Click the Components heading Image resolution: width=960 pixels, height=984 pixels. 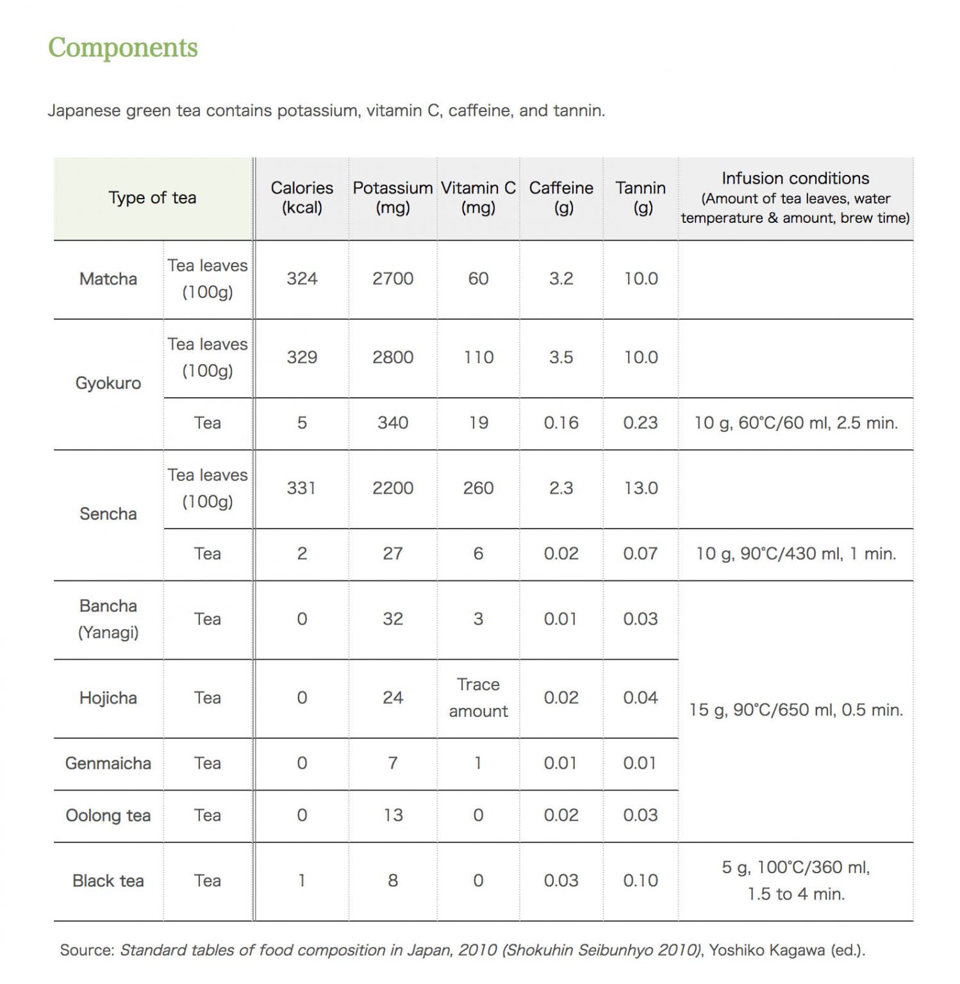click(x=123, y=48)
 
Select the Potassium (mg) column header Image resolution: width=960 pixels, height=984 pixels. click(x=392, y=197)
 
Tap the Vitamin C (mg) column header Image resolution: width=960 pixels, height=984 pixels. click(x=478, y=197)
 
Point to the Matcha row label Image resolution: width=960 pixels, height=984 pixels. click(x=108, y=279)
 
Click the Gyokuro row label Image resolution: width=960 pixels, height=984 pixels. click(x=108, y=383)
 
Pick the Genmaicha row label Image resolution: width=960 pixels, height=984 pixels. click(x=108, y=763)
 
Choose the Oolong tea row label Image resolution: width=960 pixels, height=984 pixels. click(x=108, y=816)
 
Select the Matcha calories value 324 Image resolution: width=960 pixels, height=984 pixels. click(x=301, y=279)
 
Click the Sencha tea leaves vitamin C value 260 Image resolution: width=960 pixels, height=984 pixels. click(x=478, y=488)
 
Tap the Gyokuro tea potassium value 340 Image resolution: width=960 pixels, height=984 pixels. click(x=392, y=423)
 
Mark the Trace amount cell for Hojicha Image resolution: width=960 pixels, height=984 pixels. click(x=478, y=698)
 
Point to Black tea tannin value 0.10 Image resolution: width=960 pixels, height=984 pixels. click(x=640, y=881)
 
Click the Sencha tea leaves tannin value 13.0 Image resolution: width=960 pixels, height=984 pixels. click(x=640, y=488)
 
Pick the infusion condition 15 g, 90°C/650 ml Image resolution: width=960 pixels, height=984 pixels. click(x=796, y=710)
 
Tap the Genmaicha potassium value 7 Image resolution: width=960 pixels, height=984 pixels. click(x=392, y=763)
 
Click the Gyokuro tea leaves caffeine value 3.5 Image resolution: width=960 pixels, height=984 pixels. click(x=561, y=357)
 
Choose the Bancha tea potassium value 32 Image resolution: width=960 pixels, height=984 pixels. click(x=392, y=619)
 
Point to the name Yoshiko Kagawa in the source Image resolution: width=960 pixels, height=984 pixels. click(x=766, y=950)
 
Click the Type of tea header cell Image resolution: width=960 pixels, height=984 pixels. click(x=153, y=198)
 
